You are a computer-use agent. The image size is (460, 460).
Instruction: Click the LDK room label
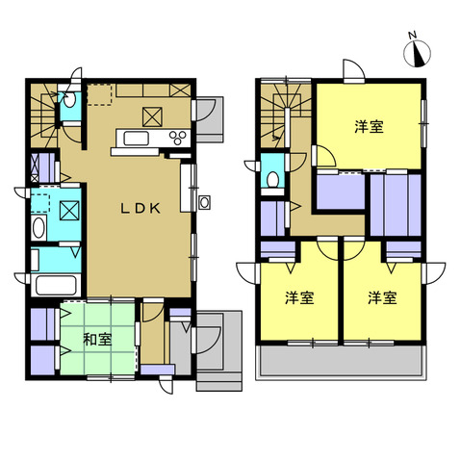141,209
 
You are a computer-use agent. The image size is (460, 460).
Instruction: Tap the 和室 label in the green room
97,340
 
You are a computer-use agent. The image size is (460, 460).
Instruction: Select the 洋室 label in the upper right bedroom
369,126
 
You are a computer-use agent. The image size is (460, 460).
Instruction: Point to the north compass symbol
417,54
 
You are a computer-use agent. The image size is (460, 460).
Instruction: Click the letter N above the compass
413,35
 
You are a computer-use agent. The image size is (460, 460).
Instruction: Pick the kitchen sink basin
137,139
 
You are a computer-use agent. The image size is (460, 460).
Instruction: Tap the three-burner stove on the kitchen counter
178,138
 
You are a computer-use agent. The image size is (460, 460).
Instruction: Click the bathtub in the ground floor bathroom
56,286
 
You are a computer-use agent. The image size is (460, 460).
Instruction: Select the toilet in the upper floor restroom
273,180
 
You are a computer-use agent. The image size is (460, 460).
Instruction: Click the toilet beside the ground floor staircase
69,99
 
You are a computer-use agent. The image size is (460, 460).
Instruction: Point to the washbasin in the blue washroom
38,228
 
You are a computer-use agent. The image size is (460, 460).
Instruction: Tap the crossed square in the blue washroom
69,211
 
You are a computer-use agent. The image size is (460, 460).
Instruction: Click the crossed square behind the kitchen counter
152,117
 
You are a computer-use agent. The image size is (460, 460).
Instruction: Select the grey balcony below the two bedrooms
341,361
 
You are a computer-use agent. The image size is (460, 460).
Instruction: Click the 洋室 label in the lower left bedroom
299,298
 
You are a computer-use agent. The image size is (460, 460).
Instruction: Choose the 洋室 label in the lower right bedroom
382,298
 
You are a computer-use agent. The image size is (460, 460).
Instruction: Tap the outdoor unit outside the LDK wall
204,202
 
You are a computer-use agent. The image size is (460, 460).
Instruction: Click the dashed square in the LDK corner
99,94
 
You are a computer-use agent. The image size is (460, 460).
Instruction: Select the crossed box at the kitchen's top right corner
180,90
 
